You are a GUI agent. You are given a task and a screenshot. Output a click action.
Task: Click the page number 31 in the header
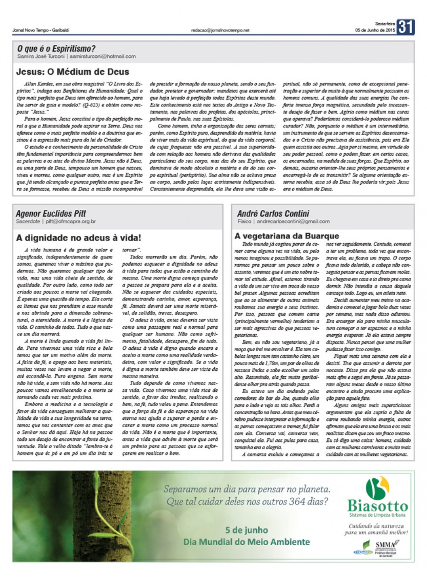point(405,27)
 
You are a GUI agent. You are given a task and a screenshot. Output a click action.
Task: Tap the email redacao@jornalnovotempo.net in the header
point(220,31)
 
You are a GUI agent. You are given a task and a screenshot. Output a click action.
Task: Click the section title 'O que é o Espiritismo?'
point(56,48)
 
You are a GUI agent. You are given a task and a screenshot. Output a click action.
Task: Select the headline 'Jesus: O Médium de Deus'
point(73,72)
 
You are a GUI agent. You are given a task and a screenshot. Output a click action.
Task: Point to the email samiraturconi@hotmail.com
point(103,56)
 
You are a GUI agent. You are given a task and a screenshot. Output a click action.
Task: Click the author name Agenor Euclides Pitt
point(51,213)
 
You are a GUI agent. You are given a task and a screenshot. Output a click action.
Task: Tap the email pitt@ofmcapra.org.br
point(71,221)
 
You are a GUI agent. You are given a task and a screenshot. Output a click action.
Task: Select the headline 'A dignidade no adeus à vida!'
point(79,238)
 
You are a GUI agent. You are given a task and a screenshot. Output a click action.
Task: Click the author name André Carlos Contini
point(273,213)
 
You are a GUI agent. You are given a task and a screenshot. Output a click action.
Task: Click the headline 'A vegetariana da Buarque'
point(287,236)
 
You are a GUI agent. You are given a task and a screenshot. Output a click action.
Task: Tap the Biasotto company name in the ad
point(377,506)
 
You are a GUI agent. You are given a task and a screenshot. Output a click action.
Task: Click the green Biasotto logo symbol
point(377,487)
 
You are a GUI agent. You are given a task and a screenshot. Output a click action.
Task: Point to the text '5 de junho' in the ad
point(246,530)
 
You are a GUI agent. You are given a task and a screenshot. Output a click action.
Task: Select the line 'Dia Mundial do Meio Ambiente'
point(247,542)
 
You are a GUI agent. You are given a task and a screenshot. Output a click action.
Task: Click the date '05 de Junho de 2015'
point(375,30)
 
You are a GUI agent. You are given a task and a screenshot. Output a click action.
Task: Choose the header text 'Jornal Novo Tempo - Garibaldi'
point(41,31)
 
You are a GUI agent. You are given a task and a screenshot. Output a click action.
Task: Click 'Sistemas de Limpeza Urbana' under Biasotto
point(377,515)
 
